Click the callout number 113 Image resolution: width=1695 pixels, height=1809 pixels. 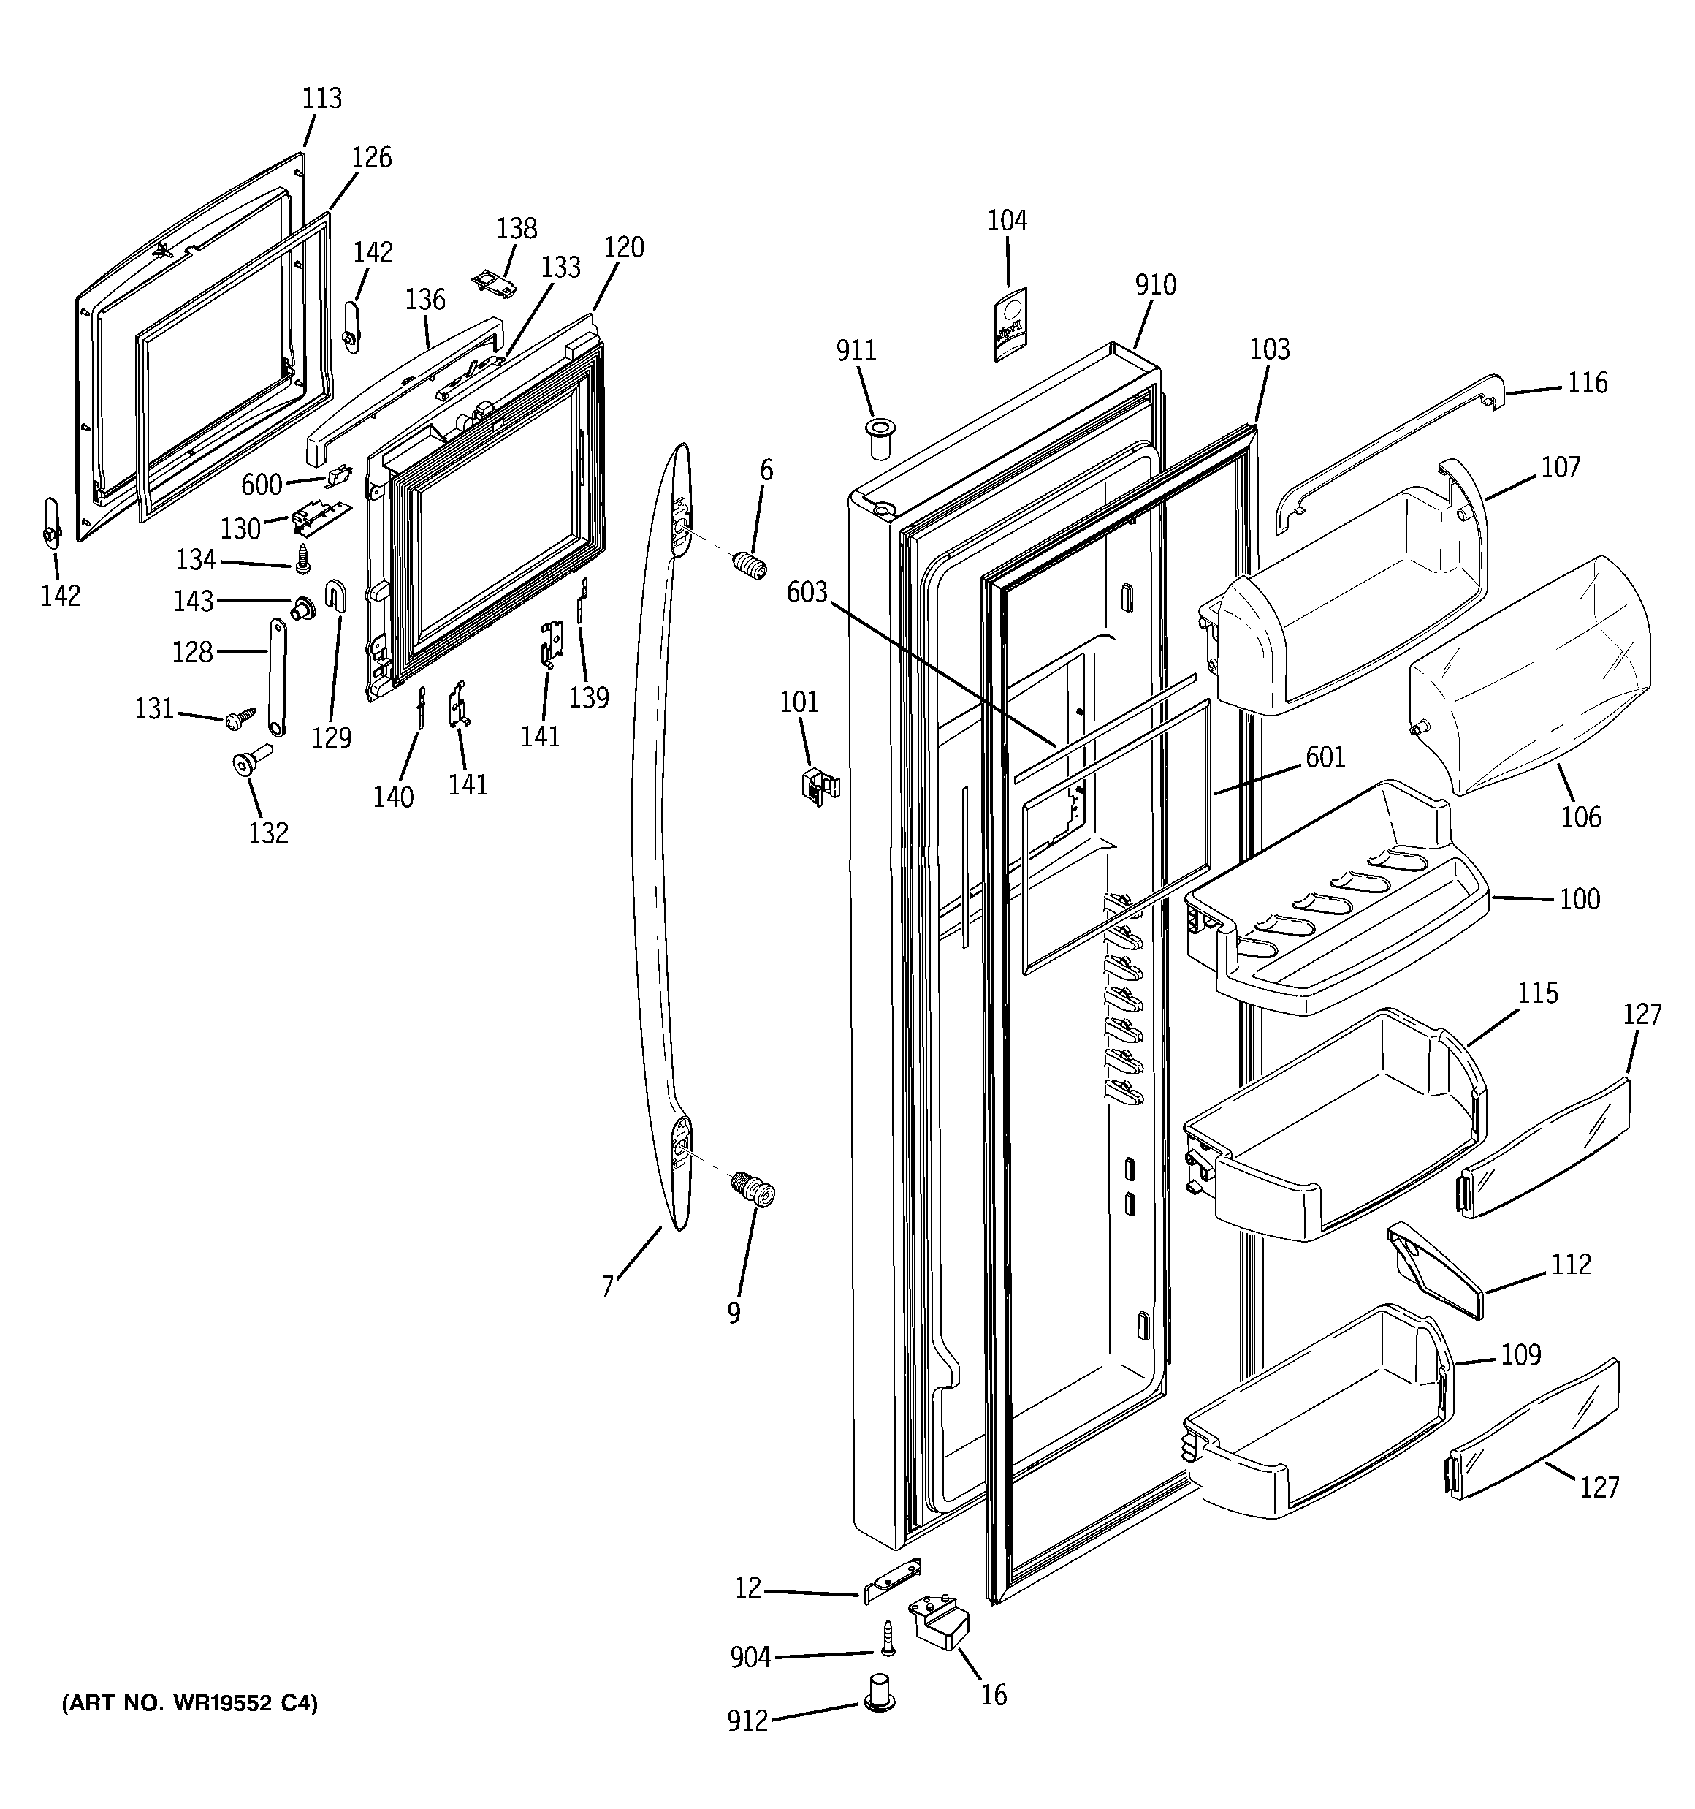pyautogui.click(x=322, y=98)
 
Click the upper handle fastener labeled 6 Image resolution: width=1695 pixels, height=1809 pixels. pyautogui.click(x=750, y=565)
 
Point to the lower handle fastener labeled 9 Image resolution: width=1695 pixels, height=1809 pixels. pyautogui.click(x=754, y=1189)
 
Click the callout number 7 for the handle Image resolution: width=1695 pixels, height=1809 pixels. pyautogui.click(x=608, y=1286)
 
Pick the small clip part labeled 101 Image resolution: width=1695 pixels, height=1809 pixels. pyautogui.click(x=820, y=784)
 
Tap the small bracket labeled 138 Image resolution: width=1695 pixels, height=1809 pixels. pyautogui.click(x=495, y=282)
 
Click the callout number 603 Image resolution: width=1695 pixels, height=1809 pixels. pyautogui.click(x=807, y=592)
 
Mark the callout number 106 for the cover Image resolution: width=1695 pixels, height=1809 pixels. pyautogui.click(x=1580, y=817)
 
